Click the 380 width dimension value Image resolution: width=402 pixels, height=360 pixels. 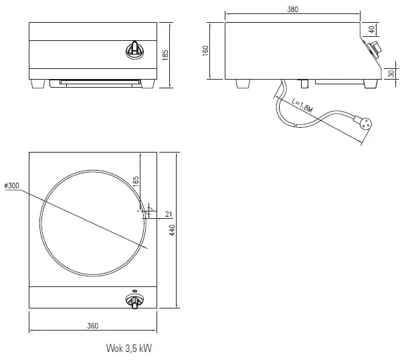(292, 10)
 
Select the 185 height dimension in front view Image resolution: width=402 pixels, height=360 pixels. (166, 55)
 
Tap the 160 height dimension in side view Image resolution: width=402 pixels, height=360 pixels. (206, 51)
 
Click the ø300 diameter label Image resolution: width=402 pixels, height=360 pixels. (11, 185)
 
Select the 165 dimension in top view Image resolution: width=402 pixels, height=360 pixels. (135, 181)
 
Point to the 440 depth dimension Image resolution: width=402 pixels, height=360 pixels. (171, 230)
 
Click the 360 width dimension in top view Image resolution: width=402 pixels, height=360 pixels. (92, 326)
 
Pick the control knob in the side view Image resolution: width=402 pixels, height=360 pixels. (373, 48)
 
